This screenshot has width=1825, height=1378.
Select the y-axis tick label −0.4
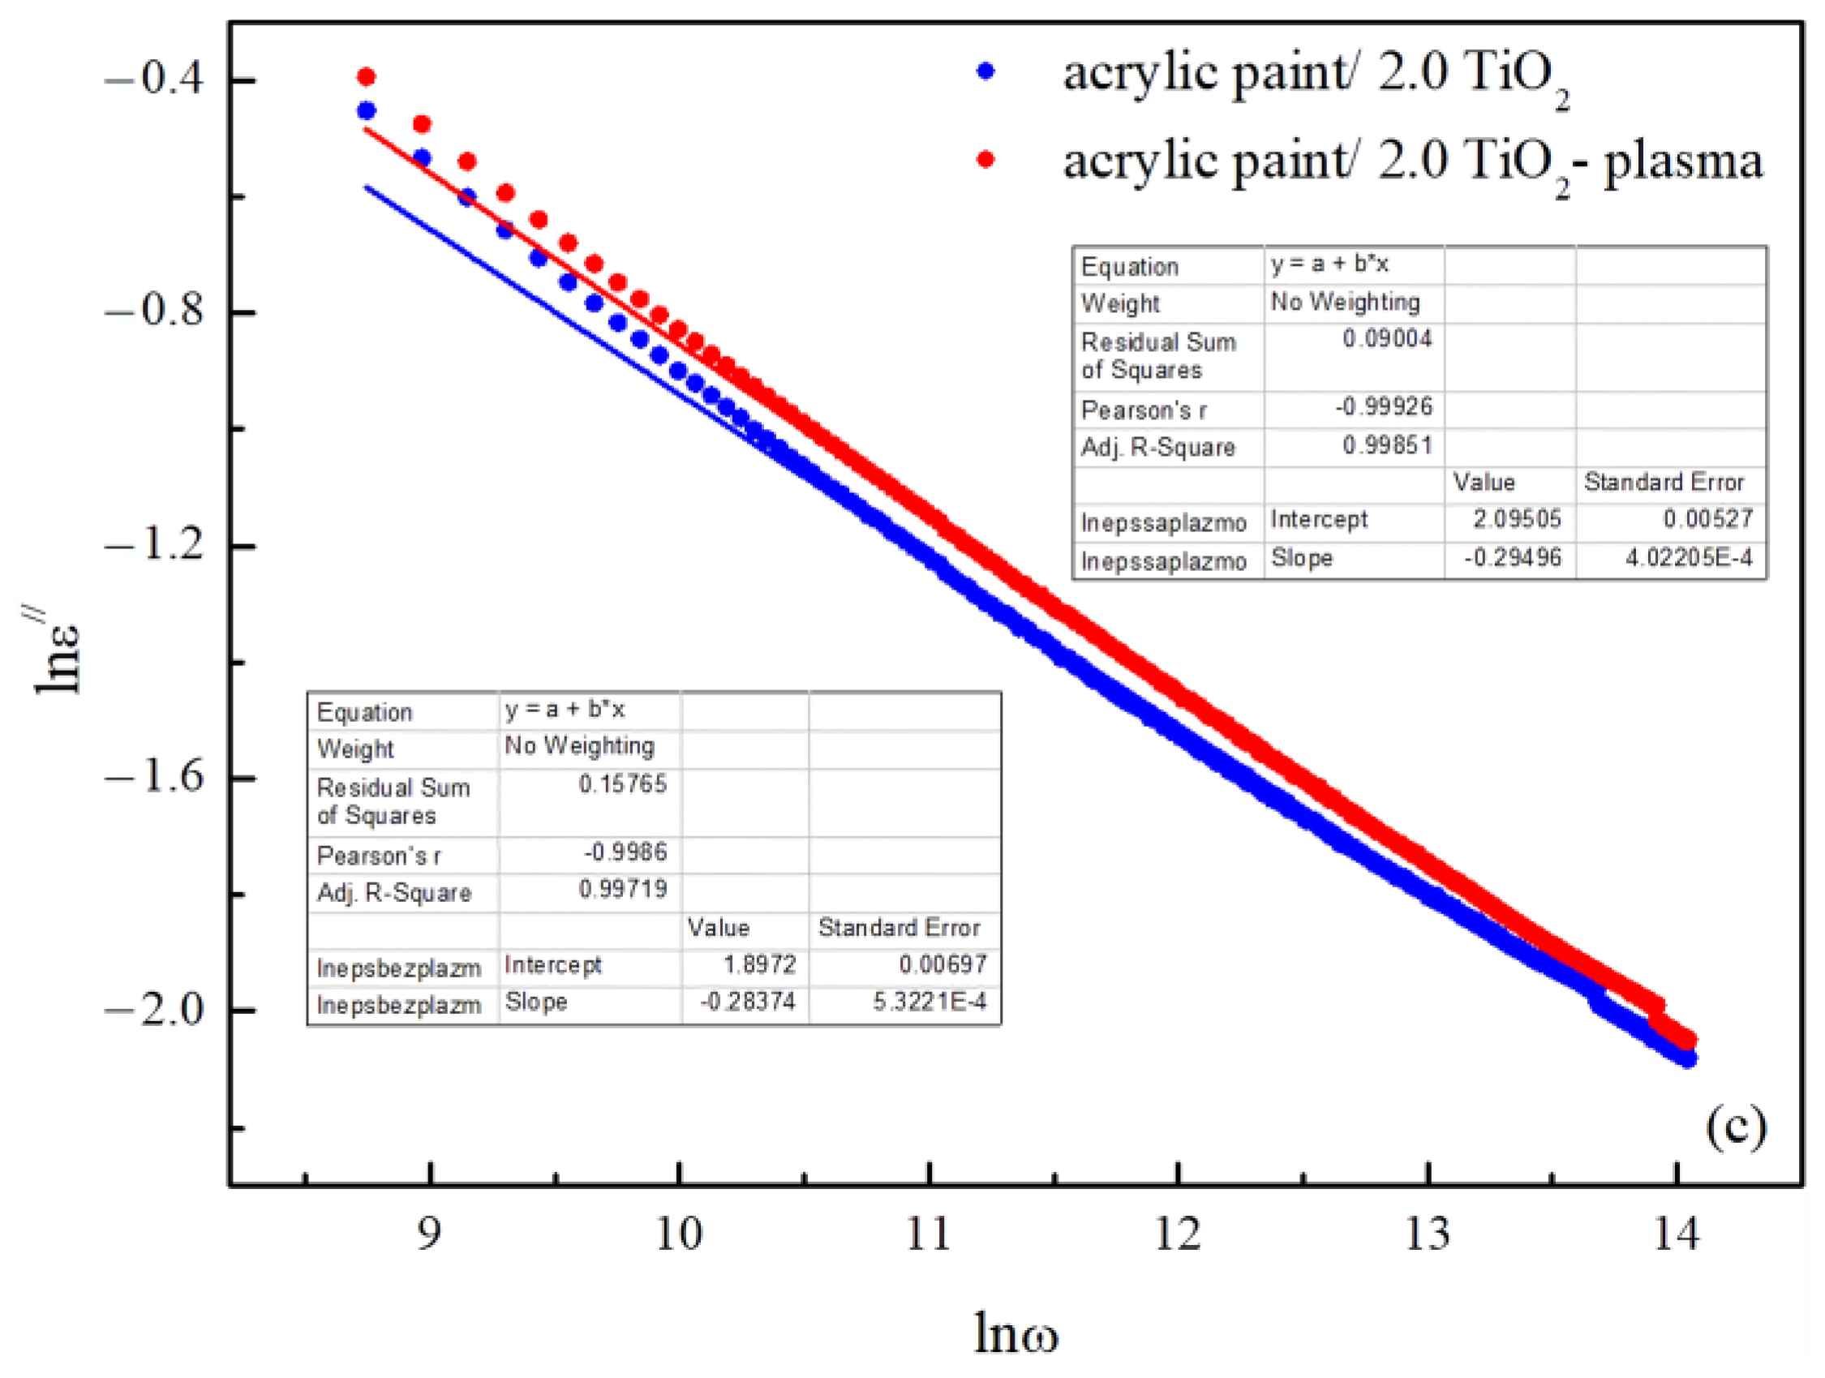(x=153, y=80)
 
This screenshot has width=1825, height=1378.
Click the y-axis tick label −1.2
(x=153, y=545)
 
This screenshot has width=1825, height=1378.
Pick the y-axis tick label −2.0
(x=153, y=1010)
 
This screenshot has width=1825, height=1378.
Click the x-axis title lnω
(x=1016, y=1332)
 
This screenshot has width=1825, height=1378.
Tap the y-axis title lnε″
(x=56, y=652)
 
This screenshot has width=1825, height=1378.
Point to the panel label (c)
(x=1736, y=1127)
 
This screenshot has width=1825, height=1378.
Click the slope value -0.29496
(x=1512, y=558)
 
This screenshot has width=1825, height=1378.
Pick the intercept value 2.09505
(x=1518, y=519)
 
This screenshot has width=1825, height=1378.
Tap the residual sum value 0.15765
(x=622, y=783)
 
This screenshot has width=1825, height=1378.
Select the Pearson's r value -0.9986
(x=625, y=852)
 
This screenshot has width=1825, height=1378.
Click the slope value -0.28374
(x=748, y=1002)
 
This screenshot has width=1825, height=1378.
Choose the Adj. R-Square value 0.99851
(x=1387, y=445)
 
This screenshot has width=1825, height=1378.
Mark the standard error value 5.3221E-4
(x=929, y=1002)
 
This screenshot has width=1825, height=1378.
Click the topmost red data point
(x=367, y=78)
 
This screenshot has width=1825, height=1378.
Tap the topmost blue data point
(x=367, y=110)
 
